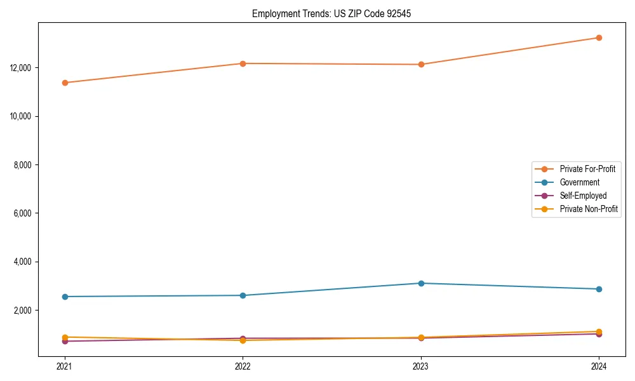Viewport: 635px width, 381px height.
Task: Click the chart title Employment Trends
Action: click(331, 13)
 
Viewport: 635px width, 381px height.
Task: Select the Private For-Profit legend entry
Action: click(587, 169)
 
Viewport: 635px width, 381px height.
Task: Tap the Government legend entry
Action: click(579, 182)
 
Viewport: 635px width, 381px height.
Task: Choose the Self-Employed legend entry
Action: click(583, 196)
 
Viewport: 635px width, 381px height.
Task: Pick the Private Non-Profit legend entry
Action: click(589, 209)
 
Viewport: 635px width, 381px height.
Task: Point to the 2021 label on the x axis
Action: click(65, 366)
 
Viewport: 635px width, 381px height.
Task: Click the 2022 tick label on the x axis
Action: click(243, 366)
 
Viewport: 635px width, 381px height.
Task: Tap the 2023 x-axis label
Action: click(421, 366)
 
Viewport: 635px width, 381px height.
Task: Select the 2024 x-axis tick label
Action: click(599, 366)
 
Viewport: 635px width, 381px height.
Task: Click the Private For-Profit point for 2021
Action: click(65, 83)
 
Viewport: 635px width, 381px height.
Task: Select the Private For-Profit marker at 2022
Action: click(243, 63)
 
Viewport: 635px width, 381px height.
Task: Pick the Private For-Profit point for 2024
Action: click(599, 37)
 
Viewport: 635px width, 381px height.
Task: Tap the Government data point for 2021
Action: click(65, 297)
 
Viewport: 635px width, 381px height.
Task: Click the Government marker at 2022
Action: click(243, 295)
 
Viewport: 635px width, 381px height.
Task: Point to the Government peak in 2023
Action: click(421, 283)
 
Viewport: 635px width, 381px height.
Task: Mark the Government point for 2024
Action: click(599, 289)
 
